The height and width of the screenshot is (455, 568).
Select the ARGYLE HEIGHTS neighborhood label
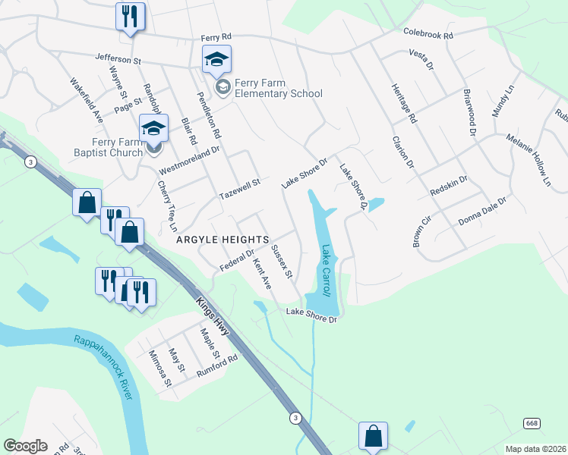click(222, 239)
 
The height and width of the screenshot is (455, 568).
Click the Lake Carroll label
click(326, 270)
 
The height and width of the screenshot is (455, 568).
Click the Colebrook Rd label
click(428, 35)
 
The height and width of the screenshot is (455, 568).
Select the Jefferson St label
click(118, 58)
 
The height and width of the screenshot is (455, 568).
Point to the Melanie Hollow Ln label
click(528, 160)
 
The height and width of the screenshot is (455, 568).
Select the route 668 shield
click(531, 422)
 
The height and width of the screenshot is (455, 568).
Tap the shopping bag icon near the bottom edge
click(373, 436)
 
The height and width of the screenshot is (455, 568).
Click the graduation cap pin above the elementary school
click(216, 60)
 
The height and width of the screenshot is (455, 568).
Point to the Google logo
click(25, 446)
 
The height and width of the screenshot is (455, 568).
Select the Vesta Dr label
click(421, 58)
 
